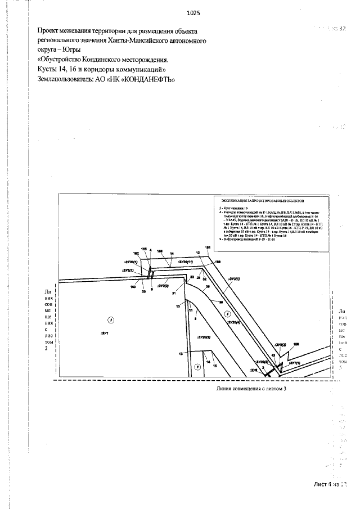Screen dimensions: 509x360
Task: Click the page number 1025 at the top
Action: point(193,12)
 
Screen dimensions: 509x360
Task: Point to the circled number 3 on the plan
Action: point(111,319)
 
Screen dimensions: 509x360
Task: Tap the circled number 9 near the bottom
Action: point(197,367)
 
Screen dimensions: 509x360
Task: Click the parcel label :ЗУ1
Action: point(105,333)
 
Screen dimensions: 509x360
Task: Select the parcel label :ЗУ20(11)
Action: point(185,262)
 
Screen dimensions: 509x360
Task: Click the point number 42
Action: point(273,355)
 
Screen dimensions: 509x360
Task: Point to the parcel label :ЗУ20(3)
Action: point(203,336)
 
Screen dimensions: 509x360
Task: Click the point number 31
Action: point(174,293)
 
